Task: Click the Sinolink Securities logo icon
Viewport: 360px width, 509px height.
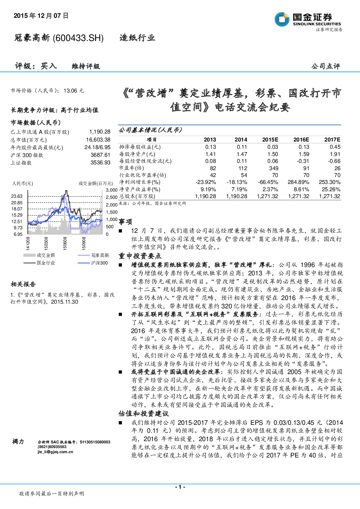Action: click(282, 19)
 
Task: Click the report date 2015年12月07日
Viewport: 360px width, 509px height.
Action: click(41, 16)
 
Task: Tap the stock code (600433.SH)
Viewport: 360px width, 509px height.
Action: click(78, 38)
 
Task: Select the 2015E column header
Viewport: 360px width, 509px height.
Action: click(270, 140)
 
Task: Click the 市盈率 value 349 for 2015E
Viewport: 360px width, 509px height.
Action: click(274, 168)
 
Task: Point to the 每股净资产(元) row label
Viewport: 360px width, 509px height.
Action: click(137, 154)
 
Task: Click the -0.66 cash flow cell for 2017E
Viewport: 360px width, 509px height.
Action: click(334, 161)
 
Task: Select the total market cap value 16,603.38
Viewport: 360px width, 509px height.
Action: click(98, 140)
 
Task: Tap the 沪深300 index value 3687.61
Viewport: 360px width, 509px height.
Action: click(100, 155)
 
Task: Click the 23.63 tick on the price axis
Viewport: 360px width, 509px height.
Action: click(17, 196)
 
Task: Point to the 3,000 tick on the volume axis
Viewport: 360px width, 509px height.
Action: click(111, 190)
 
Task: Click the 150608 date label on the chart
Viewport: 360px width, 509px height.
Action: click(65, 243)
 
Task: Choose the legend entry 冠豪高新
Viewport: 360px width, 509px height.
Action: click(100, 255)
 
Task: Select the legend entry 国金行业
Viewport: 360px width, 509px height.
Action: click(46, 263)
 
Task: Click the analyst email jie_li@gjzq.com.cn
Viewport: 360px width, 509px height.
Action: click(55, 452)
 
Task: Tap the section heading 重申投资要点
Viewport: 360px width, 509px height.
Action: click(140, 256)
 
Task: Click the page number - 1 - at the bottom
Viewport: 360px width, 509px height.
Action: click(180, 487)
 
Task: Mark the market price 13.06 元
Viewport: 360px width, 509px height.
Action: click(74, 91)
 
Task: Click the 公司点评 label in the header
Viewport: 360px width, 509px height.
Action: click(326, 66)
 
